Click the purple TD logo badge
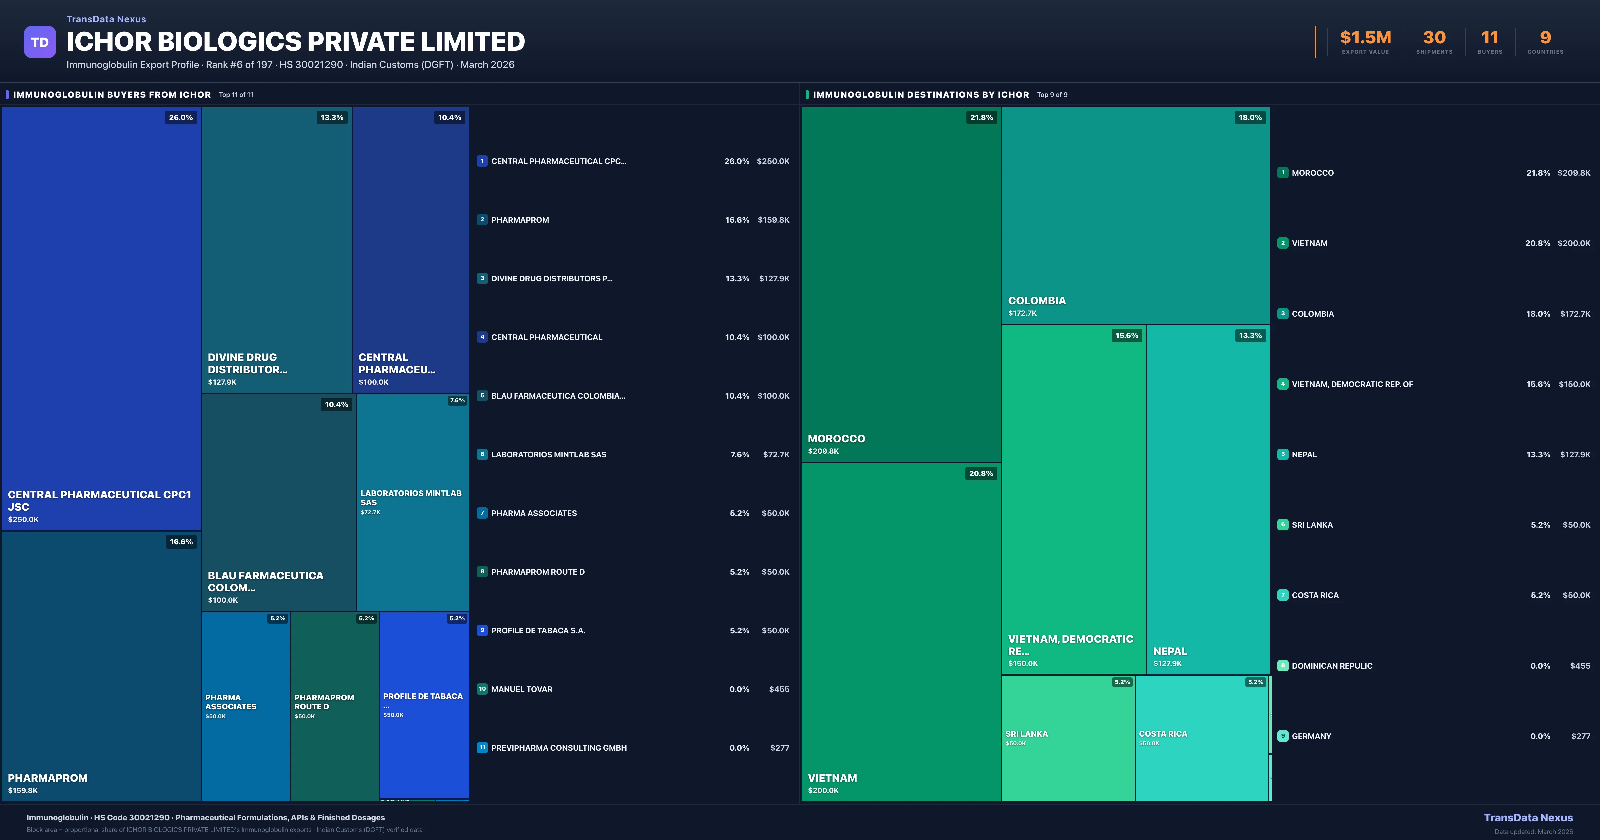point(40,42)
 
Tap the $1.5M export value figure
point(1365,38)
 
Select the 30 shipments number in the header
point(1434,38)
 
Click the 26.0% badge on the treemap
point(181,117)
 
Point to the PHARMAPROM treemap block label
point(48,778)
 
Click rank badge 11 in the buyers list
point(482,747)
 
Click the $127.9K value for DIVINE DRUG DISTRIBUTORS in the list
point(774,278)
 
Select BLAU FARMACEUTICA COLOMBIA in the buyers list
point(558,396)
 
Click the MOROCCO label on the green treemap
point(836,439)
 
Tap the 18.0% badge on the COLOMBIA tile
point(1250,117)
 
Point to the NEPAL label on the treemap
point(1170,651)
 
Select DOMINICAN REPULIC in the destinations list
point(1332,665)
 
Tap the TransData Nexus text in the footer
point(1528,818)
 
